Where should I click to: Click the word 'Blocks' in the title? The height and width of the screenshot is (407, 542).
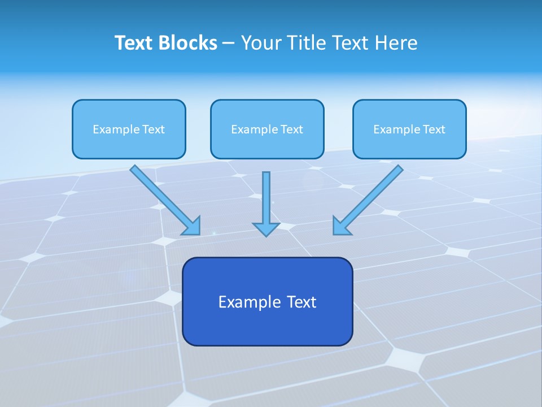(187, 43)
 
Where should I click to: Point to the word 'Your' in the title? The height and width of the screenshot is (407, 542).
(263, 43)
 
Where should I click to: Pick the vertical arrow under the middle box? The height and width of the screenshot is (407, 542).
(266, 198)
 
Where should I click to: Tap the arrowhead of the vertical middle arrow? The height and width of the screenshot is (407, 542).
(266, 228)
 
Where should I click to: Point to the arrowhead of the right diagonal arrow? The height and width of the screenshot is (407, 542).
(340, 227)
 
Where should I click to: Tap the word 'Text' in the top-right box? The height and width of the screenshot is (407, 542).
(434, 129)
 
